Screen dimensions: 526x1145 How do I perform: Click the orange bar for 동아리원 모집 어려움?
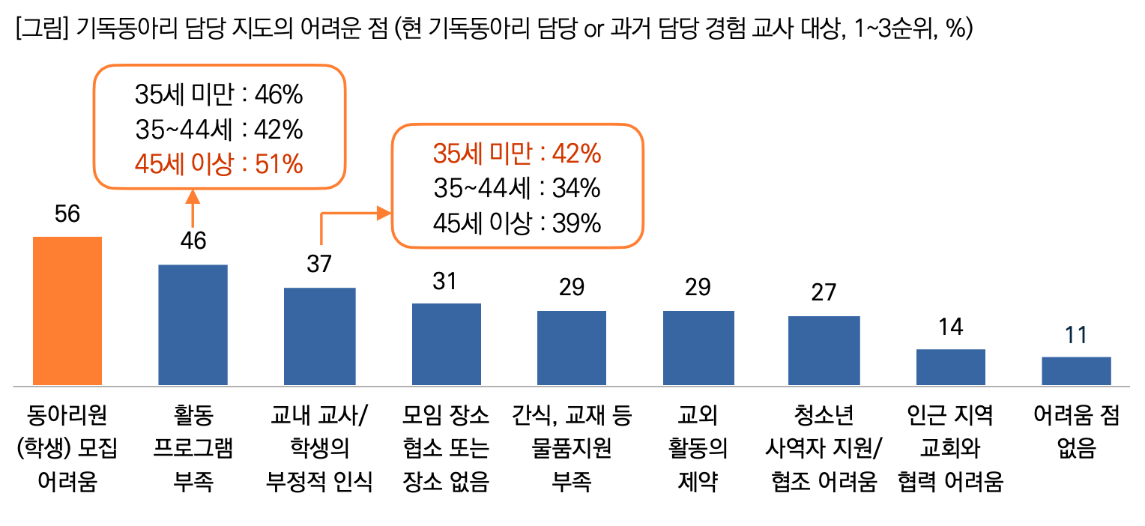(67, 311)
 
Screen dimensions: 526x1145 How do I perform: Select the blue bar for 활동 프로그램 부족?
(193, 325)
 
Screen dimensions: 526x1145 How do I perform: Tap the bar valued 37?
(319, 336)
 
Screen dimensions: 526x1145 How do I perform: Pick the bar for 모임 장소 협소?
(446, 345)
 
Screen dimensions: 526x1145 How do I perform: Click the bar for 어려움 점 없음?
(1076, 371)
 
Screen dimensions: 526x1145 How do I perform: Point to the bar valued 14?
(950, 367)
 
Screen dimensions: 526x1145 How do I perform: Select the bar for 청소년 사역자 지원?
(824, 351)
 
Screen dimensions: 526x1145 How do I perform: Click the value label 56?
(67, 214)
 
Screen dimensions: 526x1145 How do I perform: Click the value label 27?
(824, 292)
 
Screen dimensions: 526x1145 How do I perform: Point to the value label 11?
(1076, 335)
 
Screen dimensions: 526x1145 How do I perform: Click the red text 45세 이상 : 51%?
(219, 164)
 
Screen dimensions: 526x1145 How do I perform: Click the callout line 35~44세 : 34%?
(516, 189)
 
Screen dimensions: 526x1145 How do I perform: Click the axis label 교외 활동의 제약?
(698, 449)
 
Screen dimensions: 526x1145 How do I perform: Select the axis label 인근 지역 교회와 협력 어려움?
(950, 449)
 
